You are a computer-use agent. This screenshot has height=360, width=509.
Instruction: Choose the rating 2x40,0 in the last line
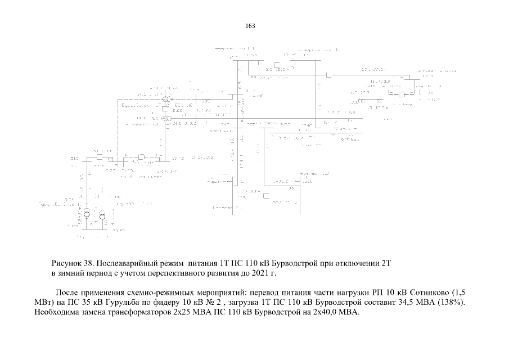point(327,313)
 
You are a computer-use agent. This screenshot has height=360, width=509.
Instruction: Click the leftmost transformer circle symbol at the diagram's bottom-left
point(87,214)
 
